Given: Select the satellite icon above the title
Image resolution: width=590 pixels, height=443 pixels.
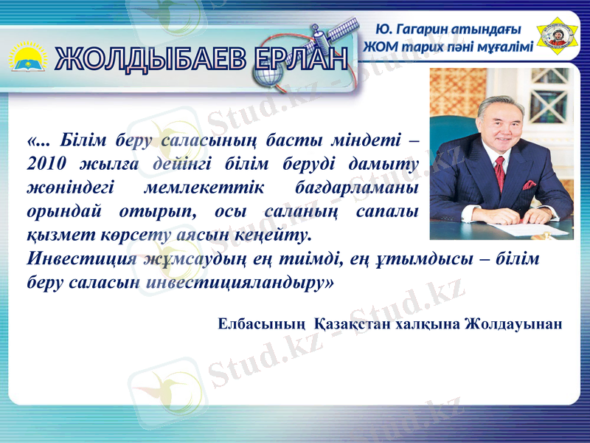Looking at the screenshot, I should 324,35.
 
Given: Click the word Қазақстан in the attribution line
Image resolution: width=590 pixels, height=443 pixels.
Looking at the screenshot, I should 355,324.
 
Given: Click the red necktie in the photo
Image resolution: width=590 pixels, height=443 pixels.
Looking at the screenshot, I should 499,174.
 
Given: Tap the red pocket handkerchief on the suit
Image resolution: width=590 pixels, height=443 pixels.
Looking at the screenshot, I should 530,184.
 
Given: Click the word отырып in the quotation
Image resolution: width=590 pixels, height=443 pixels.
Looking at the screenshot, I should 153,212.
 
